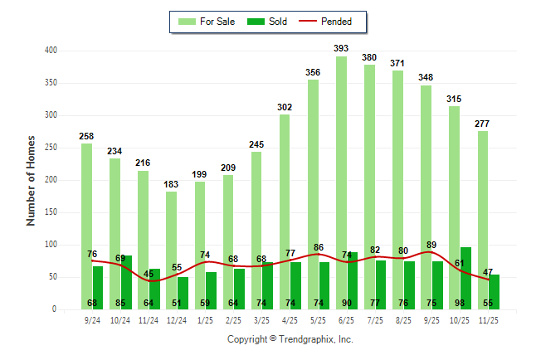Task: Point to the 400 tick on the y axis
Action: point(51,51)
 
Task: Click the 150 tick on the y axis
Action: point(51,212)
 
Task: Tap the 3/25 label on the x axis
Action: point(261,319)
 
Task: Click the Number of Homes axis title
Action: point(31,180)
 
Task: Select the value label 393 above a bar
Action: point(340,48)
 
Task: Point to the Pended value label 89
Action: point(431,245)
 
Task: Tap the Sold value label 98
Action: point(465,303)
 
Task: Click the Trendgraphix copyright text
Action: point(290,339)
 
